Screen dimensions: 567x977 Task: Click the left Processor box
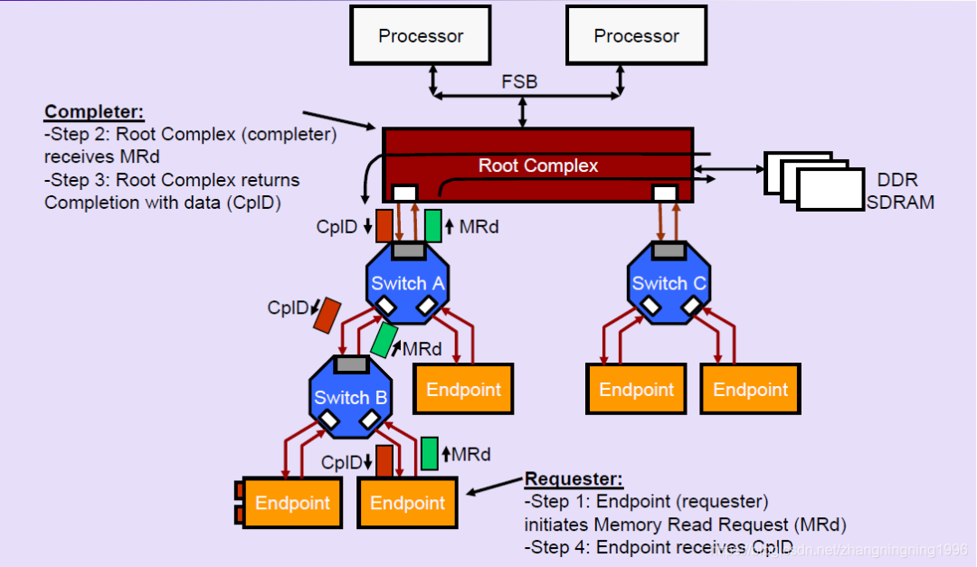click(x=421, y=35)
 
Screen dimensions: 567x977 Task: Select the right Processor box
click(x=636, y=35)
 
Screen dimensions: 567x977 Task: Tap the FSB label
click(x=519, y=82)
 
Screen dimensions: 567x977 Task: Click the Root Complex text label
click(x=538, y=165)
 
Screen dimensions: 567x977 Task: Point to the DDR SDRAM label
click(x=899, y=192)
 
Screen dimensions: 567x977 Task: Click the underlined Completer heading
click(x=94, y=112)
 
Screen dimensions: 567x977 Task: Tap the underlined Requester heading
click(x=574, y=479)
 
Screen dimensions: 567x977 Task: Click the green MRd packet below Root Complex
click(x=433, y=226)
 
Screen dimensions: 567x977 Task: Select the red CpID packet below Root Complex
click(x=384, y=226)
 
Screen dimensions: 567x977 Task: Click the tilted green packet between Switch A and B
click(x=384, y=340)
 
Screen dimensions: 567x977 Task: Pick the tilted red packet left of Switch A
click(x=327, y=314)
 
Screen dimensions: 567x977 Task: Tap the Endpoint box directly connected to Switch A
click(x=463, y=390)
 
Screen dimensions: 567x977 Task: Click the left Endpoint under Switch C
click(x=637, y=390)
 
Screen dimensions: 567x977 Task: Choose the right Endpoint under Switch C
click(x=750, y=390)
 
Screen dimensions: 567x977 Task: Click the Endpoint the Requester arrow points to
click(x=408, y=503)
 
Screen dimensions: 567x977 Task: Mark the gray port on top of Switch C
click(x=669, y=250)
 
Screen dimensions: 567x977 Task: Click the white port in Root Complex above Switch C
click(x=664, y=193)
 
